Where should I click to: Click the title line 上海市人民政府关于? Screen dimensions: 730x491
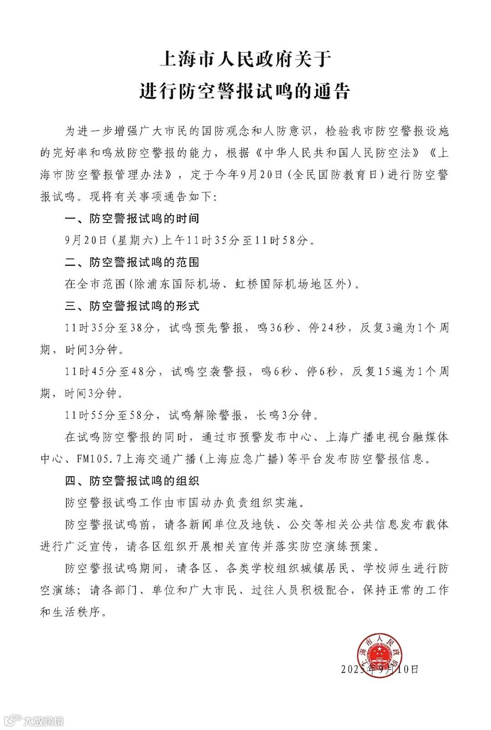pos(245,59)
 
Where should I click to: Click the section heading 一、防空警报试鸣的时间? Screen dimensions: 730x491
pos(132,218)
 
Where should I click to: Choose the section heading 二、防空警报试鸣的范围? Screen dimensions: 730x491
pos(132,262)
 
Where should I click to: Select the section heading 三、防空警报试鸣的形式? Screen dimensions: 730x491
pos(132,306)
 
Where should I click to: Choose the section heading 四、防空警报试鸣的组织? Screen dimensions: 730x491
pos(132,480)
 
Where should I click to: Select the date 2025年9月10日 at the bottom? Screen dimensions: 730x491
pos(380,669)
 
